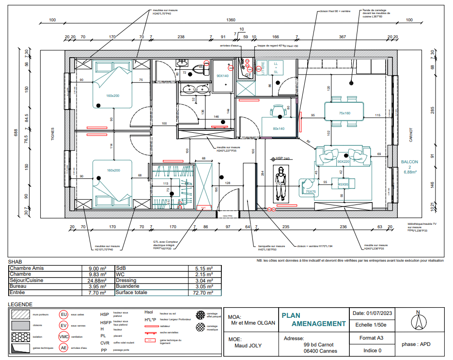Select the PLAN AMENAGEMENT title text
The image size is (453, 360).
click(313, 319)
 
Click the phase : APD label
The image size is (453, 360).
click(416, 344)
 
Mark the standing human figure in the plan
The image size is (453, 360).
click(280, 184)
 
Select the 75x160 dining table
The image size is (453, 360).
click(344, 113)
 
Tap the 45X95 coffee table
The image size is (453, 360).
click(344, 184)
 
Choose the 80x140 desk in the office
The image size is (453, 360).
click(278, 128)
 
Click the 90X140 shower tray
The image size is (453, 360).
click(222, 76)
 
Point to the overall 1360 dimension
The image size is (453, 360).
click(231, 20)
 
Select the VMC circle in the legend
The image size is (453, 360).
click(63, 337)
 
